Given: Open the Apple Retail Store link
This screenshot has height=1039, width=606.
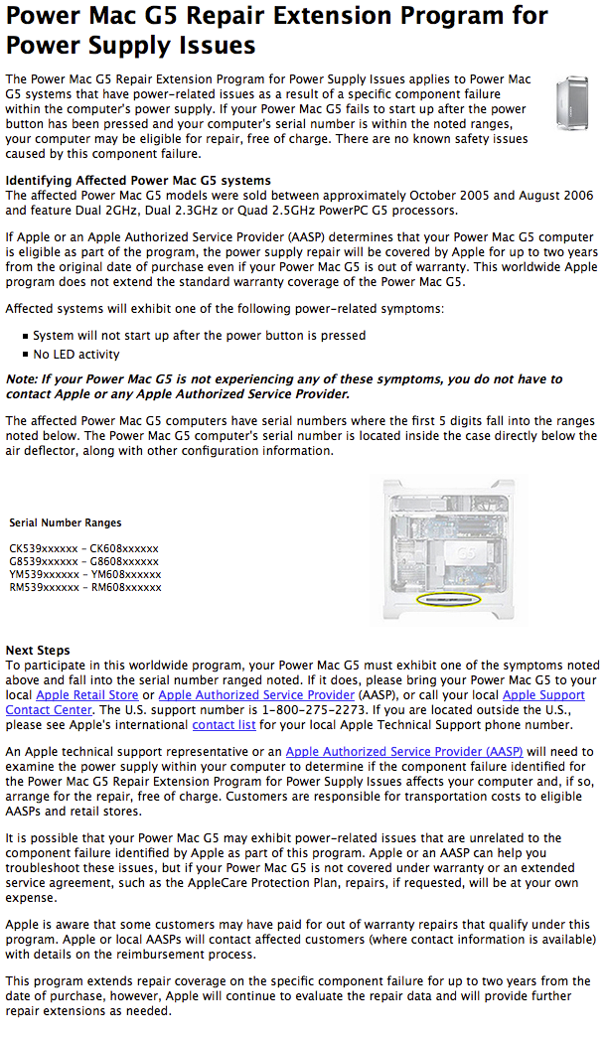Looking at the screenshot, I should pyautogui.click(x=86, y=695).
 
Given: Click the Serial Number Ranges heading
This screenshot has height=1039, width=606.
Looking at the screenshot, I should pyautogui.click(x=66, y=522).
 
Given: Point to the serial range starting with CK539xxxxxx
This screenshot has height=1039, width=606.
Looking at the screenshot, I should pyautogui.click(x=83, y=548).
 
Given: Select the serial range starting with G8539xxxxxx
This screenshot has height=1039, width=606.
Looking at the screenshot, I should pyautogui.click(x=83, y=561).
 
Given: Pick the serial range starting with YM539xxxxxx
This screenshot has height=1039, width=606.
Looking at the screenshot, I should pyautogui.click(x=85, y=574).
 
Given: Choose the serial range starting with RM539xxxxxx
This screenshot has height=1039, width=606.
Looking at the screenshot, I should pyautogui.click(x=85, y=587).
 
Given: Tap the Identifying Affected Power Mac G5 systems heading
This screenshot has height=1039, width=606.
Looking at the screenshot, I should pyautogui.click(x=138, y=181).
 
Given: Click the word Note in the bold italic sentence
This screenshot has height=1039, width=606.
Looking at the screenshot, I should pyautogui.click(x=21, y=379).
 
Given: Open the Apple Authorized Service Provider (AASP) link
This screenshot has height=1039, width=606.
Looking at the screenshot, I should pyautogui.click(x=404, y=752).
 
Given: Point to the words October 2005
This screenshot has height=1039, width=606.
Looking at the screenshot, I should pyautogui.click(x=419, y=196).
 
